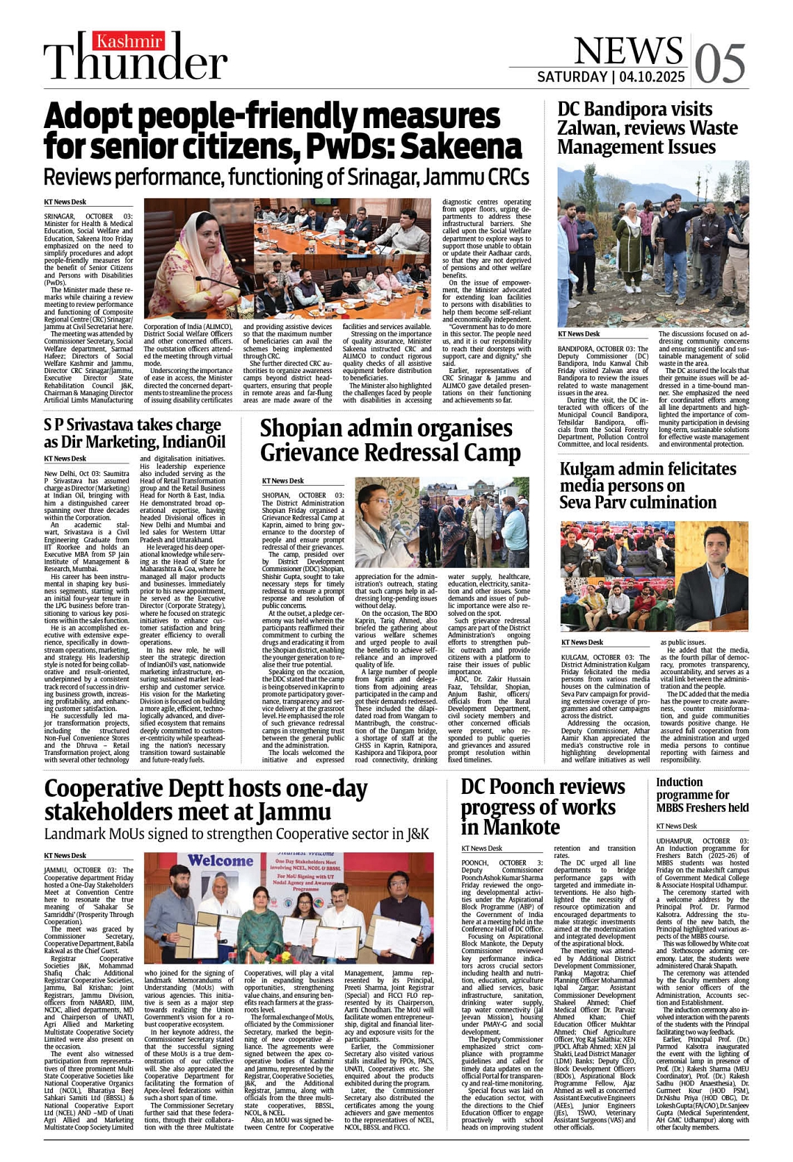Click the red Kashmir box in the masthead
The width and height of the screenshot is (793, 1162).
[129, 42]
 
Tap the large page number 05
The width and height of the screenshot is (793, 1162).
[720, 63]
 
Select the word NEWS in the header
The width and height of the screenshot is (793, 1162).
[628, 50]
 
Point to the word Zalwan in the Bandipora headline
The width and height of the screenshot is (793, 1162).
[587, 129]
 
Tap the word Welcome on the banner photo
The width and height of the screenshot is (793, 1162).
[221, 861]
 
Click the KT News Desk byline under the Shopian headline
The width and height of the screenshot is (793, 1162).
[282, 481]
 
